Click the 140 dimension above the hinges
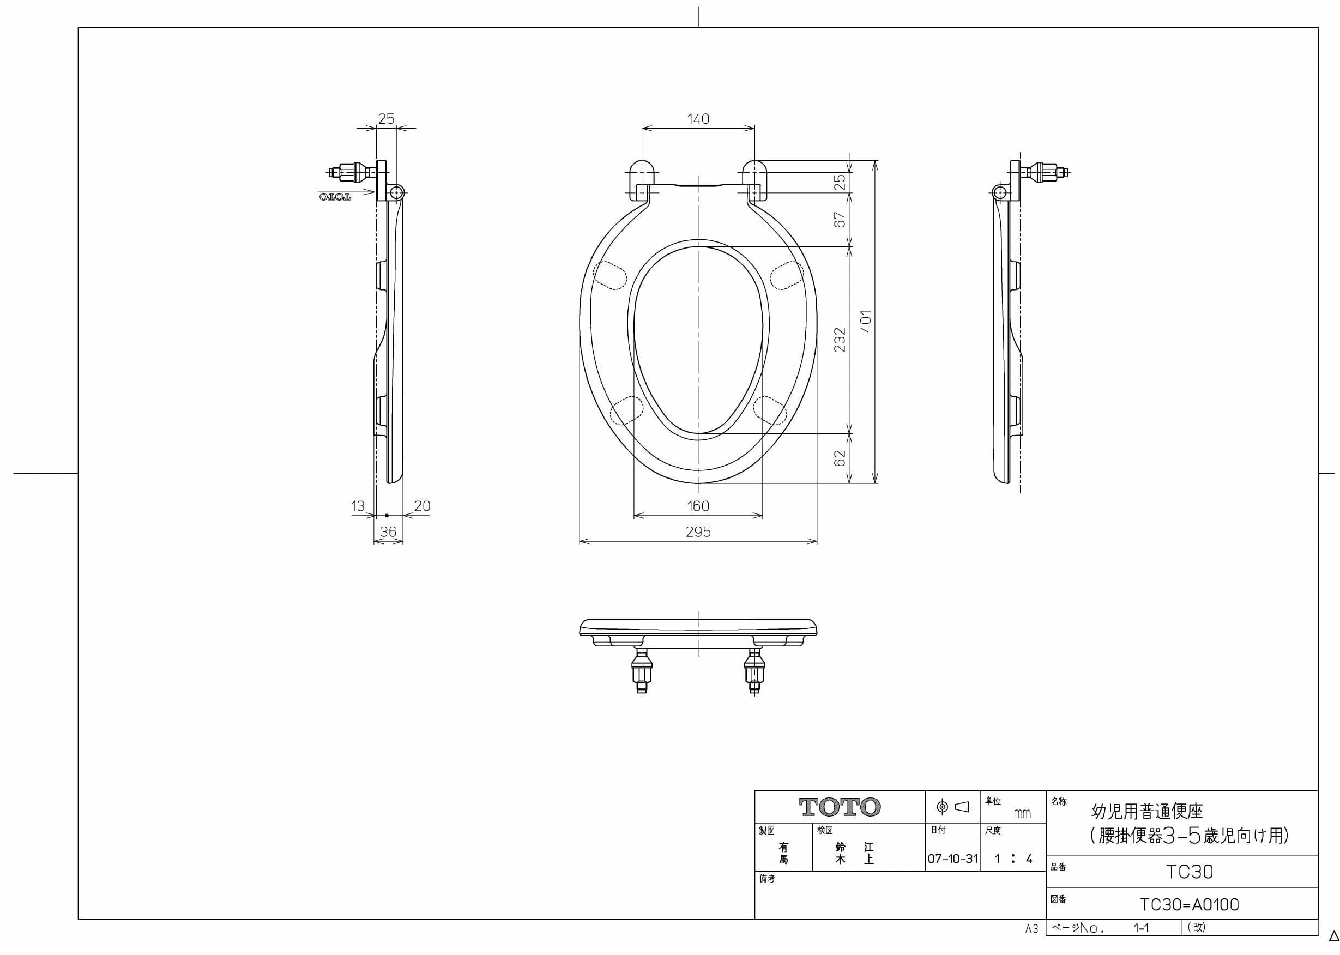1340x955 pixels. pyautogui.click(x=698, y=119)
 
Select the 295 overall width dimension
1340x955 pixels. pyautogui.click(x=698, y=531)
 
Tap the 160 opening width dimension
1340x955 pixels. pyautogui.click(x=698, y=506)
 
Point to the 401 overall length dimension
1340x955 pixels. pyautogui.click(x=866, y=321)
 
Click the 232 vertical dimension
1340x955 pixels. pyautogui.click(x=840, y=340)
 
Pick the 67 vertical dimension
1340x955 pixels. pyautogui.click(x=840, y=220)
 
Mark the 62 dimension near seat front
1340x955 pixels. pyautogui.click(x=840, y=458)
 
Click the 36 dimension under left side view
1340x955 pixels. pyautogui.click(x=388, y=531)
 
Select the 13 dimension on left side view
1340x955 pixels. pyautogui.click(x=358, y=506)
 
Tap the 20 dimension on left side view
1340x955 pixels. pyautogui.click(x=422, y=506)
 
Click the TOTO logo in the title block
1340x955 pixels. pyautogui.click(x=840, y=807)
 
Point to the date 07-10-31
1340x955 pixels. pyautogui.click(x=952, y=859)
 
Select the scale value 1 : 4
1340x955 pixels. pyautogui.click(x=1013, y=859)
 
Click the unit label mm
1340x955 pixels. pyautogui.click(x=1022, y=814)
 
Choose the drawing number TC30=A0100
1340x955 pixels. pyautogui.click(x=1189, y=904)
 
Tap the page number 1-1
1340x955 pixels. pyautogui.click(x=1141, y=928)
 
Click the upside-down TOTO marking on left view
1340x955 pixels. pyautogui.click(x=335, y=196)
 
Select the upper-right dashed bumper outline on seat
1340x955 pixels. pyautogui.click(x=786, y=276)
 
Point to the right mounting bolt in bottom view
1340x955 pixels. pyautogui.click(x=754, y=673)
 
